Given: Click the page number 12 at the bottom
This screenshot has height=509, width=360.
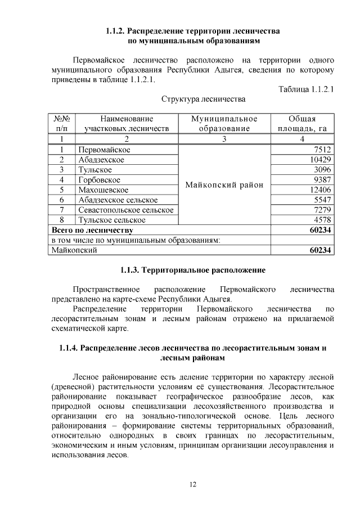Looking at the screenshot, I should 193,484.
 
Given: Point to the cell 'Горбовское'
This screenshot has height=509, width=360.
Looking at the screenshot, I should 100,180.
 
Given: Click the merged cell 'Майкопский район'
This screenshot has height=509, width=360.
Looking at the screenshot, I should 224,185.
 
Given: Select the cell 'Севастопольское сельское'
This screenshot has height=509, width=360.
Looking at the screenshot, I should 125,210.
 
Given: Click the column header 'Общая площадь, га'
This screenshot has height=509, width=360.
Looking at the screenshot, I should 302,124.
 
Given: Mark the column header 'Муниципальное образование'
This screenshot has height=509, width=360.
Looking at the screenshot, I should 224,124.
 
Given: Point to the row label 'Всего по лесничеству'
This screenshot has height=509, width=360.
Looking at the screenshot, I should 92,230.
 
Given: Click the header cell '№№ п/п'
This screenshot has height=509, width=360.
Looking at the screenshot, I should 61,124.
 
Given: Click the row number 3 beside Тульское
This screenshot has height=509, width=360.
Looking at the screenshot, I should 61,170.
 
